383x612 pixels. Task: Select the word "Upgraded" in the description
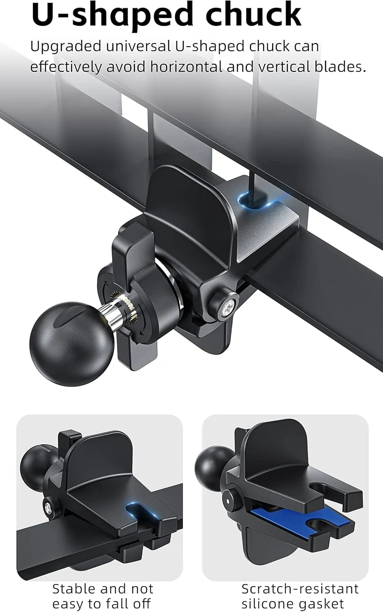(66, 47)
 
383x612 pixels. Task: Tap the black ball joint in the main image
(72, 344)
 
